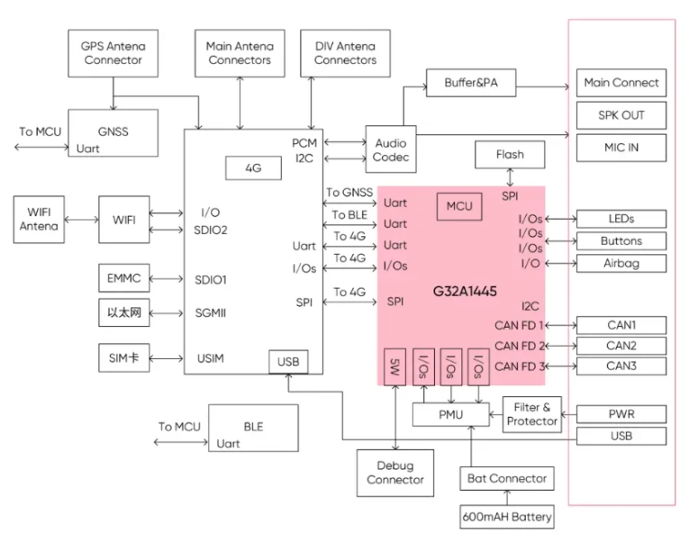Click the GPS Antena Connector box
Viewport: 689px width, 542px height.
coord(113,53)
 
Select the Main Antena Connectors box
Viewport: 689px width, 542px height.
coord(240,53)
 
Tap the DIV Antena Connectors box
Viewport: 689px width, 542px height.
coord(345,53)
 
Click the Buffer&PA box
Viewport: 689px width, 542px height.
coord(471,83)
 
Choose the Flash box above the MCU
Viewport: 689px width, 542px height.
coord(509,155)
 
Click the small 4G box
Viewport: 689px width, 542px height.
coord(253,167)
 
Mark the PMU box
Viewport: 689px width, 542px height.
coord(449,414)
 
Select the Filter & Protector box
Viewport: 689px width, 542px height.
coord(533,414)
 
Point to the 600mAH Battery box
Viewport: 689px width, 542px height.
coord(507,518)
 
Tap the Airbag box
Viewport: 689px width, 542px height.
coord(621,263)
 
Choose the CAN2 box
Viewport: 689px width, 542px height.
coord(621,346)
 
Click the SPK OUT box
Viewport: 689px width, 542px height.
coord(621,115)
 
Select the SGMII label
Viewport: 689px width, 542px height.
coord(212,312)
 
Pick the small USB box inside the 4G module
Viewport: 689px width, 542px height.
coord(288,362)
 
